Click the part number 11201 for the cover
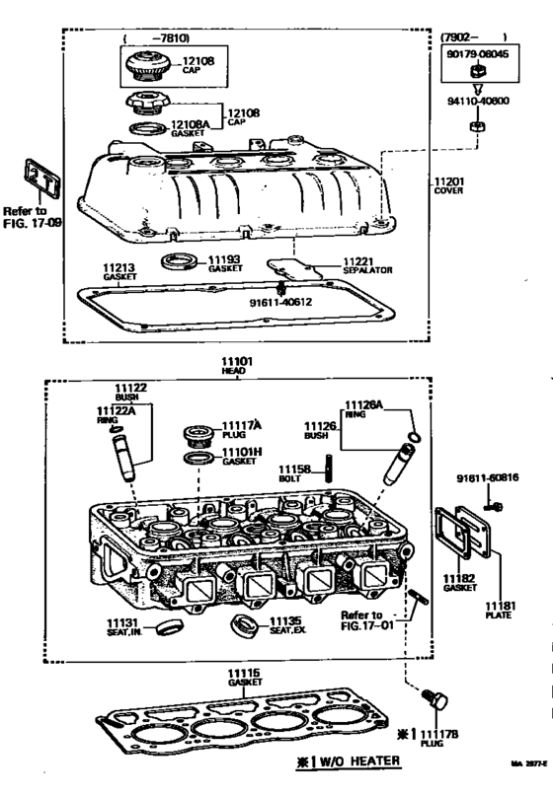click(x=448, y=182)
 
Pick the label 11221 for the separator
click(x=357, y=260)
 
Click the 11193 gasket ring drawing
click(x=180, y=261)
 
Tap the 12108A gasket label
click(x=195, y=124)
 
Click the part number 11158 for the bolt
click(x=293, y=469)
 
